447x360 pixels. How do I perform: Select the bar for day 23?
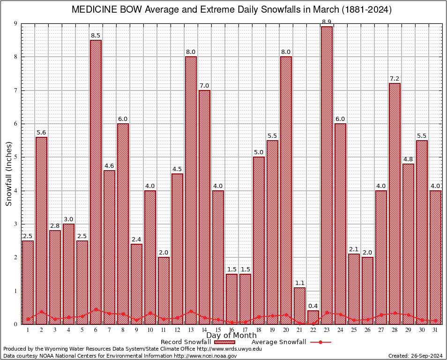tap(327, 175)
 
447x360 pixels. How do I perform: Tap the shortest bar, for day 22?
tap(313, 317)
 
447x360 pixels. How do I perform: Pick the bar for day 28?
tap(395, 203)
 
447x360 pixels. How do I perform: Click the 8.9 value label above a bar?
tap(327, 22)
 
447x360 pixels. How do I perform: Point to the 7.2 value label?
tap(395, 79)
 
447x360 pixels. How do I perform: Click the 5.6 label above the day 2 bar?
tap(41, 133)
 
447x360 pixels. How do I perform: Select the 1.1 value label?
tap(299, 283)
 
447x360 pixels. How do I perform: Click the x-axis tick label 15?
tap(218, 330)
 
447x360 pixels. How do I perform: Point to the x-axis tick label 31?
tap(435, 330)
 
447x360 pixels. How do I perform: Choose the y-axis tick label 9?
tap(16, 23)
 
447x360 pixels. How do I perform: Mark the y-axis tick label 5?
tap(16, 157)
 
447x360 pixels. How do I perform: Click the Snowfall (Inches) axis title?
tap(8, 173)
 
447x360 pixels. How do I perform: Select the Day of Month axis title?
tap(231, 336)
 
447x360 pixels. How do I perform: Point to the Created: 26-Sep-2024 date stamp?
tap(416, 356)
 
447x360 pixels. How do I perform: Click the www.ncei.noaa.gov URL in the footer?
tap(206, 356)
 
